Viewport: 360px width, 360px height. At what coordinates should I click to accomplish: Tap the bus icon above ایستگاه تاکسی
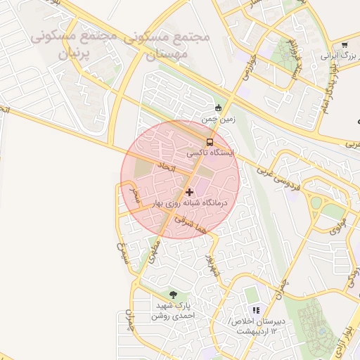(210, 141)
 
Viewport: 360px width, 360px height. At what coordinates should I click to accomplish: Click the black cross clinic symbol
(189, 191)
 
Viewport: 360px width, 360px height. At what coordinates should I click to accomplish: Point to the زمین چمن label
(218, 120)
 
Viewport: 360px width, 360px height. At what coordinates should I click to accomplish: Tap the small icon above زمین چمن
(218, 108)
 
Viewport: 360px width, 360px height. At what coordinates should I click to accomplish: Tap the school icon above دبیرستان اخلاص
(256, 309)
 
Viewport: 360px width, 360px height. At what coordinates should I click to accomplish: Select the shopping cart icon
(344, 44)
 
